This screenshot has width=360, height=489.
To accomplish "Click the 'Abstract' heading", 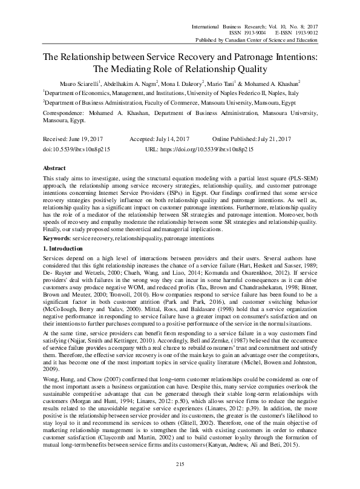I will [x=56, y=167].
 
